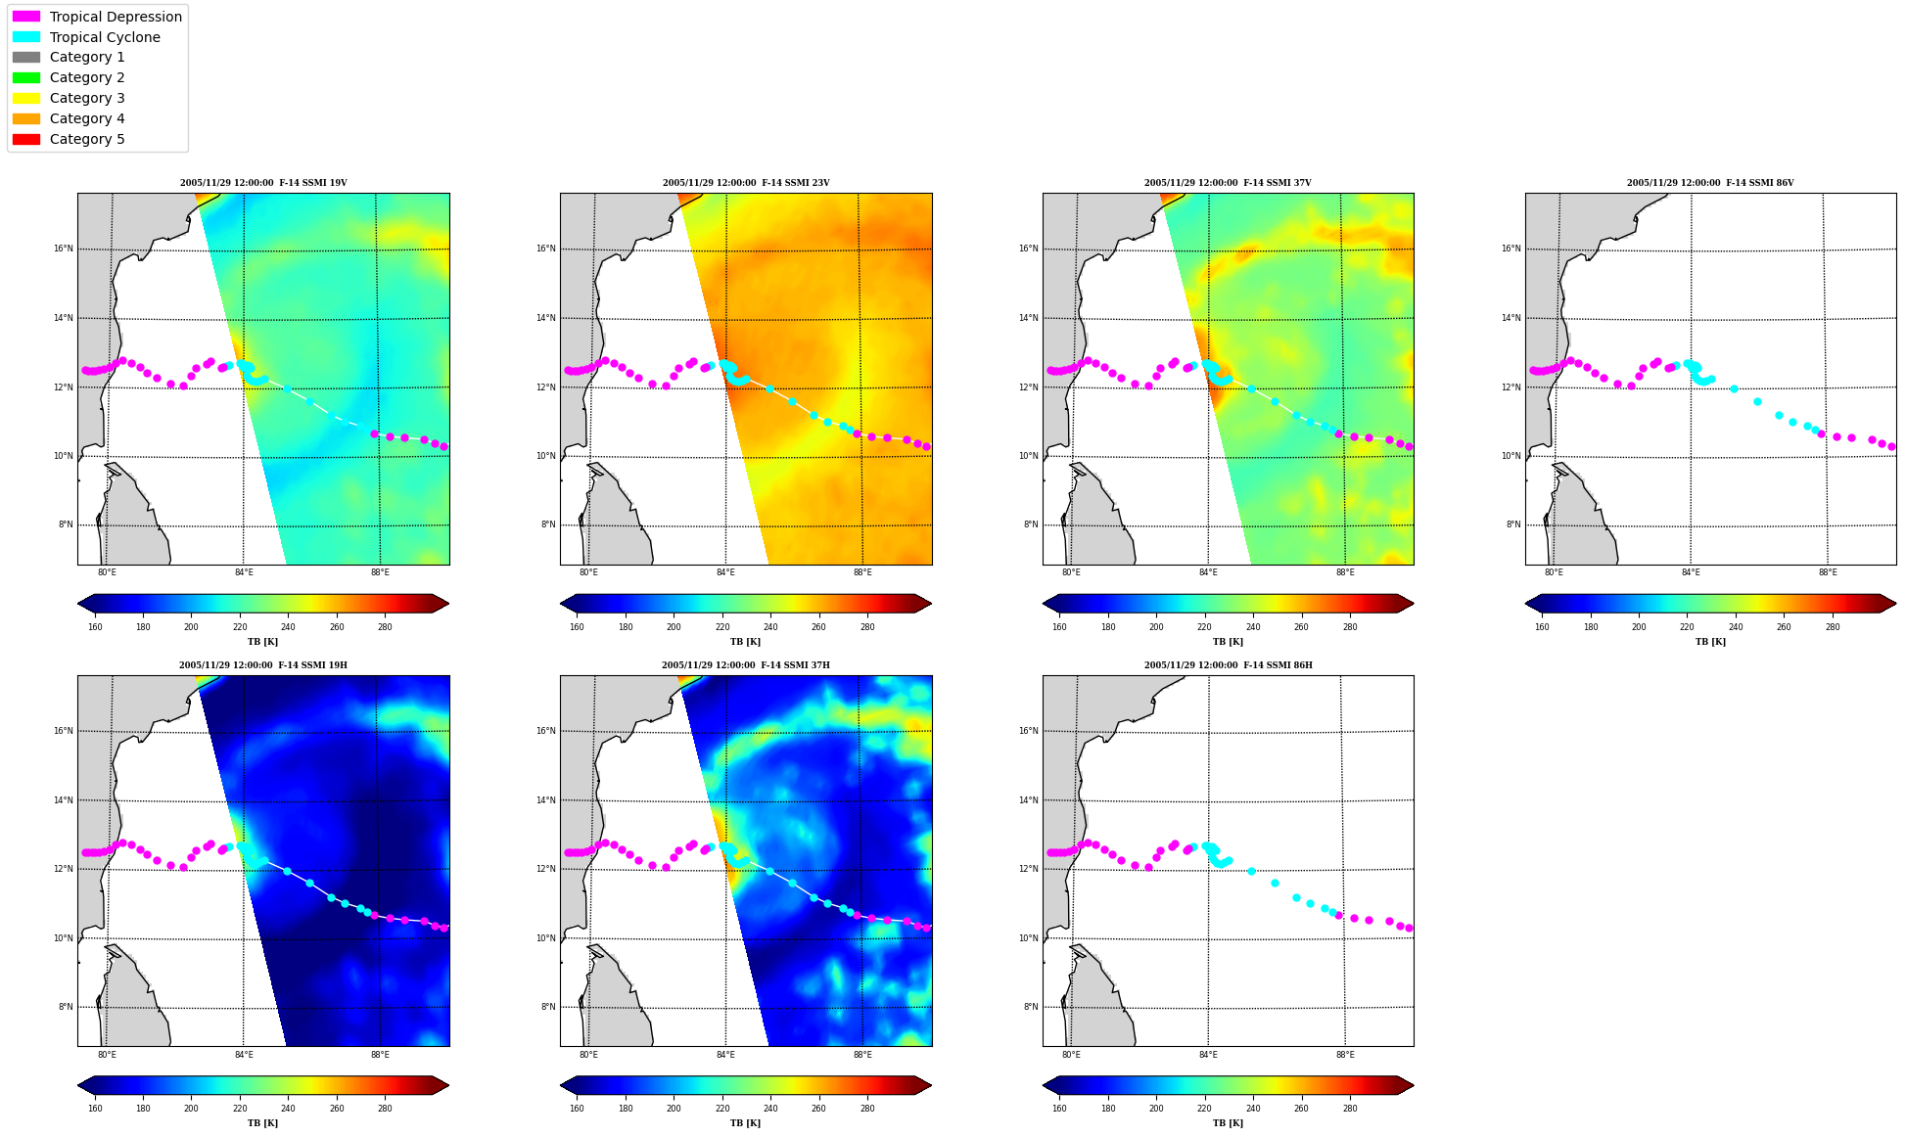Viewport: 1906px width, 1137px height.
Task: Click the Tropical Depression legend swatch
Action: (x=26, y=17)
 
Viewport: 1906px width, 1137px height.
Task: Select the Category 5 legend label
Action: (x=87, y=139)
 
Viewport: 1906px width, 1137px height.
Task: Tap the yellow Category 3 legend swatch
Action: (x=26, y=98)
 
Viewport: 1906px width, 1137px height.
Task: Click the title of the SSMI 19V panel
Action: (x=263, y=183)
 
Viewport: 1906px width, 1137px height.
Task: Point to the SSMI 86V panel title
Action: (x=1710, y=183)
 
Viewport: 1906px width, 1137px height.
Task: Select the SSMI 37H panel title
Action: (x=746, y=665)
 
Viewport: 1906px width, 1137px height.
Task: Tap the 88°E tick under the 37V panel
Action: (x=1345, y=572)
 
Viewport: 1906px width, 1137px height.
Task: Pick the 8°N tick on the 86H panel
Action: (x=1031, y=1007)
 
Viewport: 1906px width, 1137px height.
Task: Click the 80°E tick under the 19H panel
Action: (x=107, y=1055)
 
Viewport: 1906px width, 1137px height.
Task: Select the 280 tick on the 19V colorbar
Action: (x=385, y=627)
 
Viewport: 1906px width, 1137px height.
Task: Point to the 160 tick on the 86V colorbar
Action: (x=1542, y=627)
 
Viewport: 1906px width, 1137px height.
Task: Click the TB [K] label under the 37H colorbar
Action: (x=746, y=1123)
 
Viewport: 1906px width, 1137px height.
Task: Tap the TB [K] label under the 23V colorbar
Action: (x=746, y=642)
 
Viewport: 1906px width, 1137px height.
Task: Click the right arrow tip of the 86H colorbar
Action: (x=1414, y=1085)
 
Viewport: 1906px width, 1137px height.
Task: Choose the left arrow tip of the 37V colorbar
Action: (x=1044, y=603)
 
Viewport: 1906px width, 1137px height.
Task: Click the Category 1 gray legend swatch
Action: (x=26, y=57)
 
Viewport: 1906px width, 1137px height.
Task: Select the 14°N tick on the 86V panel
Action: (x=1511, y=318)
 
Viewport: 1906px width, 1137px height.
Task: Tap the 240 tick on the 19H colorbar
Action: (x=288, y=1109)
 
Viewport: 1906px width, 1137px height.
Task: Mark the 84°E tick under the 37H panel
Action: (x=725, y=1055)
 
